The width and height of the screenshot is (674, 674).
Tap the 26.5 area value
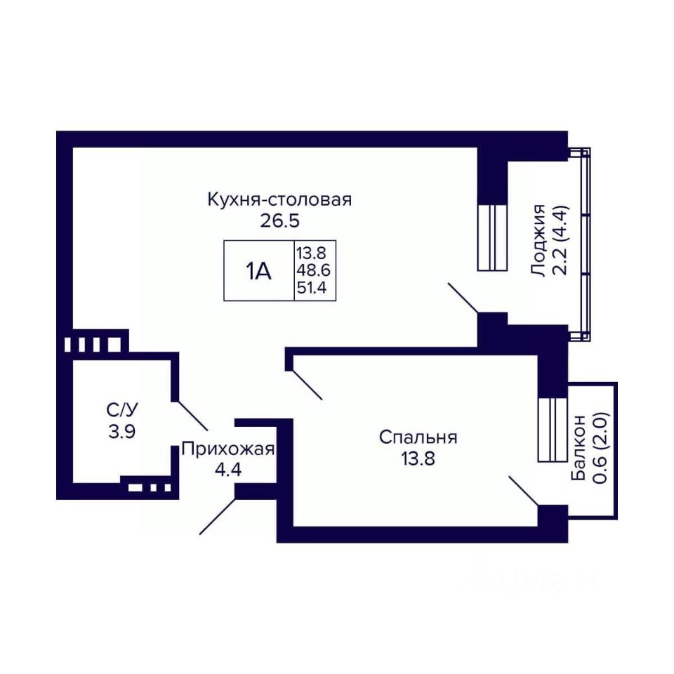coord(279,221)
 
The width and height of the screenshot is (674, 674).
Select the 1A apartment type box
coord(258,271)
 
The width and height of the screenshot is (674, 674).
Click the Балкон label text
coord(579,447)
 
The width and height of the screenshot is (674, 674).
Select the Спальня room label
coord(418,437)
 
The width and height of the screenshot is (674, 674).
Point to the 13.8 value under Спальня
coord(418,459)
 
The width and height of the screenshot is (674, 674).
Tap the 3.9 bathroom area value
coord(121,431)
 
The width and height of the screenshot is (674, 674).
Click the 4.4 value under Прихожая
coord(227,470)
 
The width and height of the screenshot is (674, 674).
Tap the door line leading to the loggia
coord(463,298)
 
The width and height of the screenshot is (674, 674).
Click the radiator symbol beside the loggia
coord(491,237)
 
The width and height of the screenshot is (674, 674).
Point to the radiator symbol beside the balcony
coord(552,429)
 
